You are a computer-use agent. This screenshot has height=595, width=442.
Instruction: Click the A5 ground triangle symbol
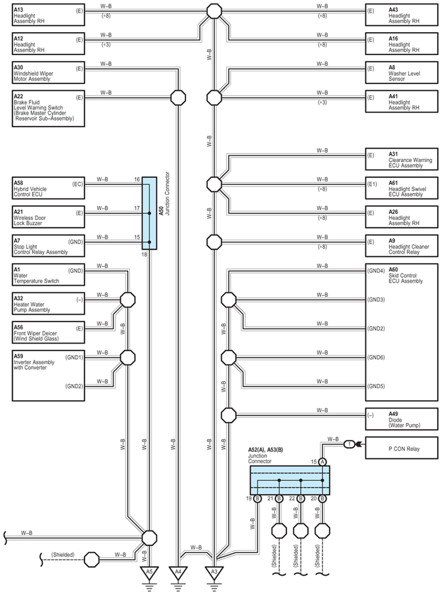[x=149, y=572]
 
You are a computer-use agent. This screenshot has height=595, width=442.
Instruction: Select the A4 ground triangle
[x=178, y=572]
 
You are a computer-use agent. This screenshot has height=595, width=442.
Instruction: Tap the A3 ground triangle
[x=214, y=572]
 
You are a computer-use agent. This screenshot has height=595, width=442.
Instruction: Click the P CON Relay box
[x=402, y=449]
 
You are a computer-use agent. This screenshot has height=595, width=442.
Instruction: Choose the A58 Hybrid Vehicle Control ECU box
[x=48, y=188]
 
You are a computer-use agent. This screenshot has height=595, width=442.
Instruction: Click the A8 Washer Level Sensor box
[x=402, y=73]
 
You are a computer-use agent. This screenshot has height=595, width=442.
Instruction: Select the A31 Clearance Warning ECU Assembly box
[x=402, y=159]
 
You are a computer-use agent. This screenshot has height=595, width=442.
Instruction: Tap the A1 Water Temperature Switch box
[x=48, y=275]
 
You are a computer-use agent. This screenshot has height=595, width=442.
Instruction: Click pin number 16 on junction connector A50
[x=137, y=180]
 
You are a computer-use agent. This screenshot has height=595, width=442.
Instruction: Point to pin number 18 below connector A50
[x=144, y=254]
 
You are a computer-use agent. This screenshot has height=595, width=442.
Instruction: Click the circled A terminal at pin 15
[x=322, y=462]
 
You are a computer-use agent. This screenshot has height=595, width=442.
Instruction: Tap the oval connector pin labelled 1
[x=349, y=444]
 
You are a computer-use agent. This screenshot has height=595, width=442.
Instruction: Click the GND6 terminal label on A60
[x=376, y=358]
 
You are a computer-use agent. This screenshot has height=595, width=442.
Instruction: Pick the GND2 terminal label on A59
[x=74, y=386]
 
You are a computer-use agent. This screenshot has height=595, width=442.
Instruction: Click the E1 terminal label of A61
[x=372, y=184]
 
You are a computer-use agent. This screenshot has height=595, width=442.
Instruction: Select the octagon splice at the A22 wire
[x=178, y=97]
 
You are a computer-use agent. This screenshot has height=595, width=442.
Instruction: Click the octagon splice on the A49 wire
[x=229, y=415]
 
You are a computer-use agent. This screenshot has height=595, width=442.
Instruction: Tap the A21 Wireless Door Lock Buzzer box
[x=48, y=217]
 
